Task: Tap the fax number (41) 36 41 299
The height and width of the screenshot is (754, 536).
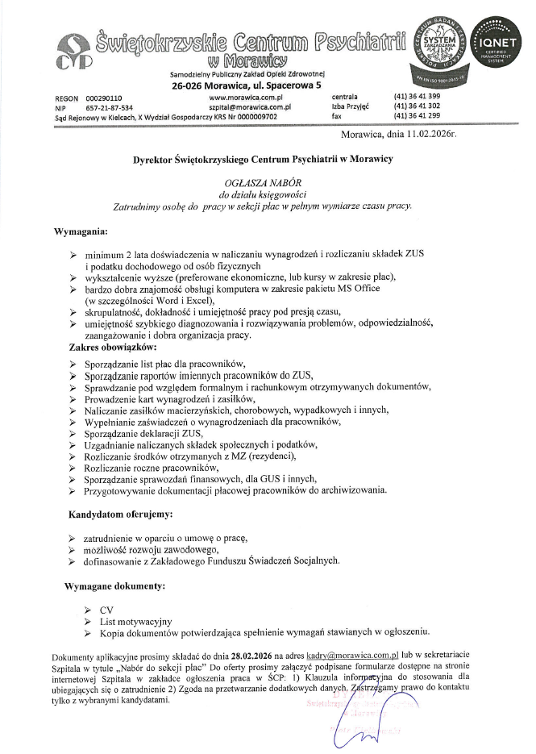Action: click(417, 115)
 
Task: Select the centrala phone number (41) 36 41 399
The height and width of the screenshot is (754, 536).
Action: click(417, 97)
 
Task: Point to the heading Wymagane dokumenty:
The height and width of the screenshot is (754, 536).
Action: click(115, 582)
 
